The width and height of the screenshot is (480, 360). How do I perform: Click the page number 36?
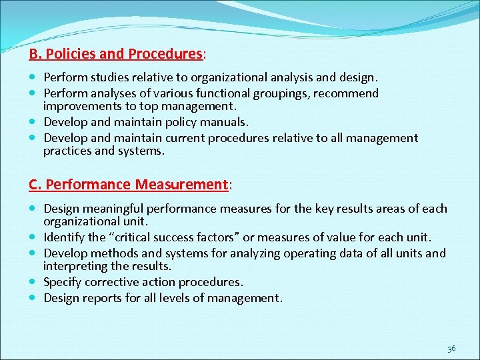451,348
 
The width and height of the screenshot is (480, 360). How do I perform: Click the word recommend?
345,93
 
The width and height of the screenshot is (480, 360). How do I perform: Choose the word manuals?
225,122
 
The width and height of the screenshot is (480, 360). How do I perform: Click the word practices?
68,151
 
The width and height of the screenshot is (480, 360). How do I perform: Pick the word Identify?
65,237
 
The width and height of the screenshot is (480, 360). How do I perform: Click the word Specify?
63,282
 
